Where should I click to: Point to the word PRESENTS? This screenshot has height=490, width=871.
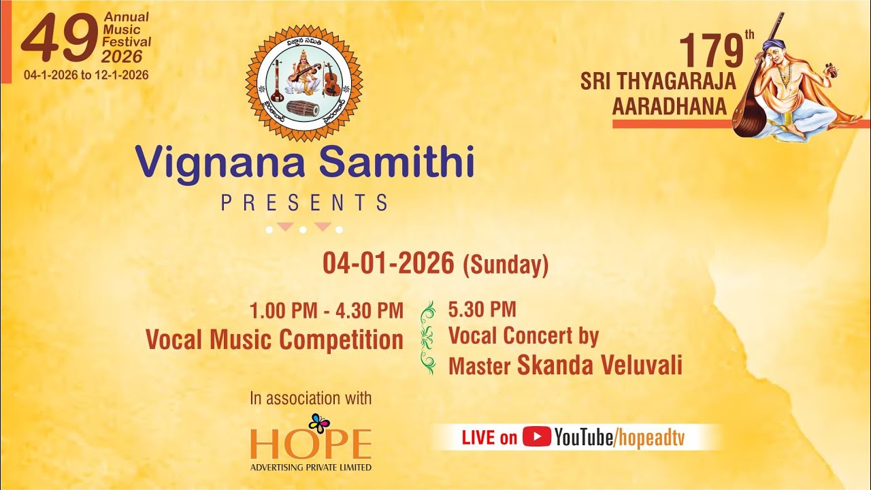pos(304,202)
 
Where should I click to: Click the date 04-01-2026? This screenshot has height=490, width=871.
pos(389,263)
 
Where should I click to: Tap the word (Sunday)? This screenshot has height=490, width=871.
pos(506,265)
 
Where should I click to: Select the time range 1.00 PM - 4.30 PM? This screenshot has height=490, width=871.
pos(327,311)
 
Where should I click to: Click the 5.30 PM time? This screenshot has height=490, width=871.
pos(482,310)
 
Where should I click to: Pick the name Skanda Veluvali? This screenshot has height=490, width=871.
pos(599,365)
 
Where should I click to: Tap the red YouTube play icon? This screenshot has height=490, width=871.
pos(536,437)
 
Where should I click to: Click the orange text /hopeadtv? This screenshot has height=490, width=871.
pos(649,438)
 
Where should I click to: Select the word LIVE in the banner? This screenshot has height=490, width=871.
pos(478,438)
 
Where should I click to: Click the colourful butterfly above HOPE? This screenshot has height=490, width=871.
pos(319,423)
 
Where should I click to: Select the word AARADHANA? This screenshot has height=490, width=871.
pos(668,107)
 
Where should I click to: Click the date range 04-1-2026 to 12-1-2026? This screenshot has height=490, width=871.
pos(86,75)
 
